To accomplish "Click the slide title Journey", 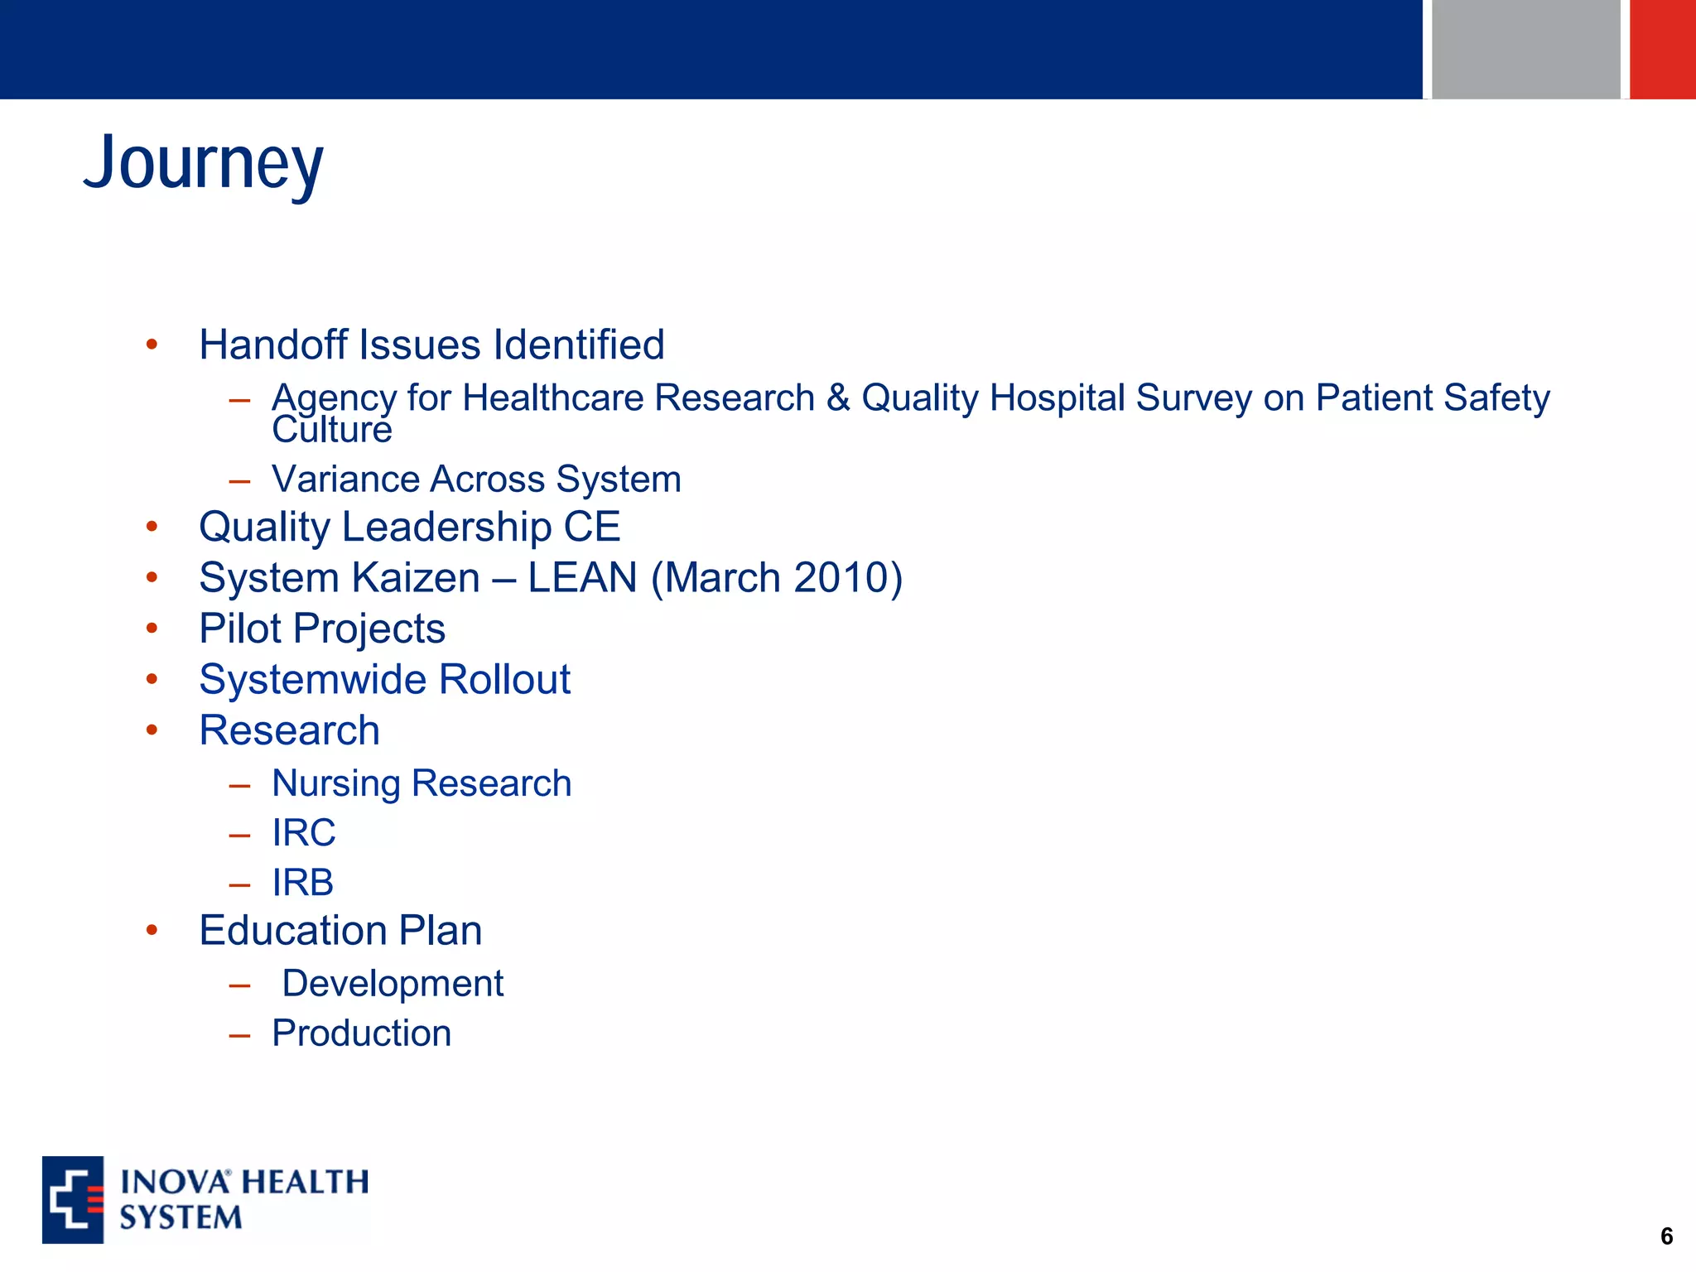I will click(x=203, y=163).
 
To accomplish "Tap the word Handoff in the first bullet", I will click(x=272, y=344).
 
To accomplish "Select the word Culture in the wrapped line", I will click(x=331, y=431).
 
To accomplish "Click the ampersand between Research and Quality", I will click(x=838, y=397).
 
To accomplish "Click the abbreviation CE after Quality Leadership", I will click(x=591, y=527).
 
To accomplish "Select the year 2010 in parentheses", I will click(x=840, y=577).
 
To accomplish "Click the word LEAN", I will click(x=582, y=577).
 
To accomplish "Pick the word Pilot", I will click(x=240, y=629).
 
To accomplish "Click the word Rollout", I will click(x=503, y=679).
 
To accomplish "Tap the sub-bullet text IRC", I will click(x=304, y=833).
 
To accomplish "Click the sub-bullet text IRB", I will click(x=303, y=883).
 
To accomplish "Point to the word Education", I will click(x=292, y=931).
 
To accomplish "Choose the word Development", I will click(x=393, y=984).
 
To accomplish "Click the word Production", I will click(x=362, y=1033).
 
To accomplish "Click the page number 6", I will click(x=1666, y=1236).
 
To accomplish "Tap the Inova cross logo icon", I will click(x=73, y=1199).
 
